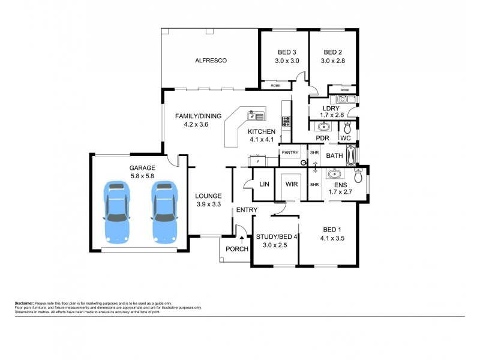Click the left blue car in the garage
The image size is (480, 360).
pyautogui.click(x=116, y=211)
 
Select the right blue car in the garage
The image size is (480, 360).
pyautogui.click(x=163, y=211)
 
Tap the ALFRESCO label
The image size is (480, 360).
pyautogui.click(x=209, y=61)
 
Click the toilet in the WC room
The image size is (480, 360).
pyautogui.click(x=347, y=127)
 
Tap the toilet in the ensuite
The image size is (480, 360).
pyautogui.click(x=359, y=176)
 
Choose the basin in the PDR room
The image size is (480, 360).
pyautogui.click(x=322, y=127)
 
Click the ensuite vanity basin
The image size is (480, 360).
pyautogui.click(x=333, y=175)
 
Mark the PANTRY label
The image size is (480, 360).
pyautogui.click(x=290, y=153)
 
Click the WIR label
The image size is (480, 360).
pyautogui.click(x=292, y=184)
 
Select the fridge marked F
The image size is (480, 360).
pyautogui.click(x=258, y=161)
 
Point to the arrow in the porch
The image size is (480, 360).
pyautogui.click(x=241, y=239)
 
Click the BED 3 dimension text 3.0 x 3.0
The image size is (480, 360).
pyautogui.click(x=287, y=61)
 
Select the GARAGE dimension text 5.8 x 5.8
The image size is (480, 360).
pyautogui.click(x=142, y=178)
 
